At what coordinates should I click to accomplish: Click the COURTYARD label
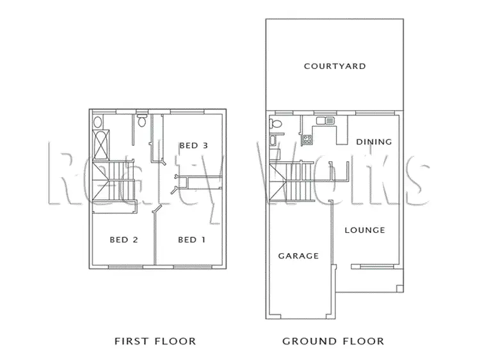pos(335,66)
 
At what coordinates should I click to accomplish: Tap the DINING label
pos(374,142)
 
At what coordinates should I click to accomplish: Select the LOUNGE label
pos(365,230)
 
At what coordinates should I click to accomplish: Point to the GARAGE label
pos(298,256)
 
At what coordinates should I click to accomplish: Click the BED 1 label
pos(191,240)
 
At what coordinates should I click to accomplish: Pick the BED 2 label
pos(124,240)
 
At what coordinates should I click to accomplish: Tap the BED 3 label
pos(193,145)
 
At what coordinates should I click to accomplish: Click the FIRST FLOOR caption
pos(154,341)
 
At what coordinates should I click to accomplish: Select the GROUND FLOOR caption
pos(333,341)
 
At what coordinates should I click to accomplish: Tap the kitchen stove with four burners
pos(307,137)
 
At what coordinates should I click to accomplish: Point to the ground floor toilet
pos(276,123)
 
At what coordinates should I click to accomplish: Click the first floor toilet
pos(142,120)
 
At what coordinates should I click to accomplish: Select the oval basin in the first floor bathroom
pos(98,121)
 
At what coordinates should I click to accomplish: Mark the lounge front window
pos(373,265)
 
